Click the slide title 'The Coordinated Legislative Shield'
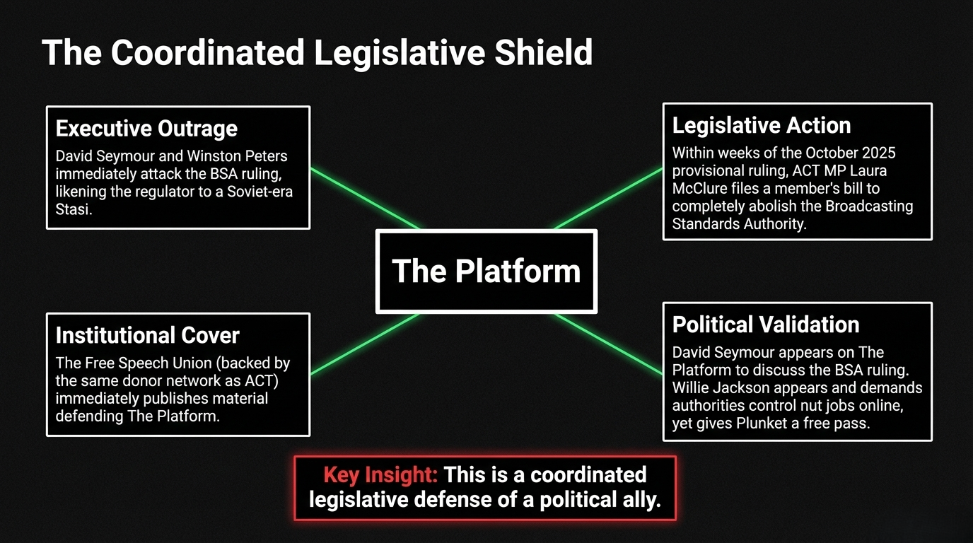[x=317, y=53]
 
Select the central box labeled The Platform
[x=486, y=271]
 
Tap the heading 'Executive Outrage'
[x=146, y=129]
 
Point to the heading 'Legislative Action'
[x=761, y=125]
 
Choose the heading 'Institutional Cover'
[x=147, y=335]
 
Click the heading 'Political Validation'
[x=765, y=325]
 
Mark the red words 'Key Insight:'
[x=380, y=474]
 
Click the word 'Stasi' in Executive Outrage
[x=74, y=210]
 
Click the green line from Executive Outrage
[x=364, y=199]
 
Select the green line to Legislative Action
[x=608, y=199]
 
